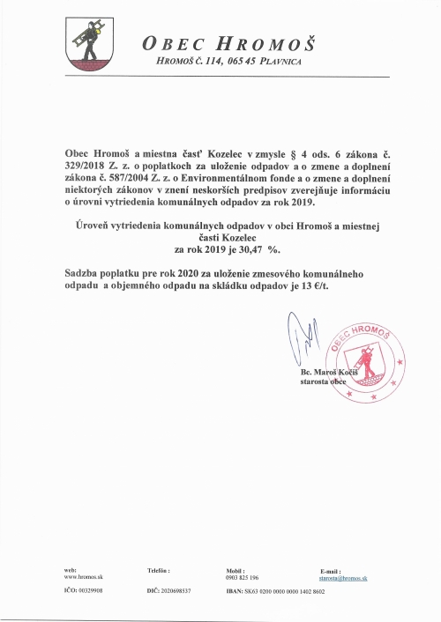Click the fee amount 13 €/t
325,285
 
